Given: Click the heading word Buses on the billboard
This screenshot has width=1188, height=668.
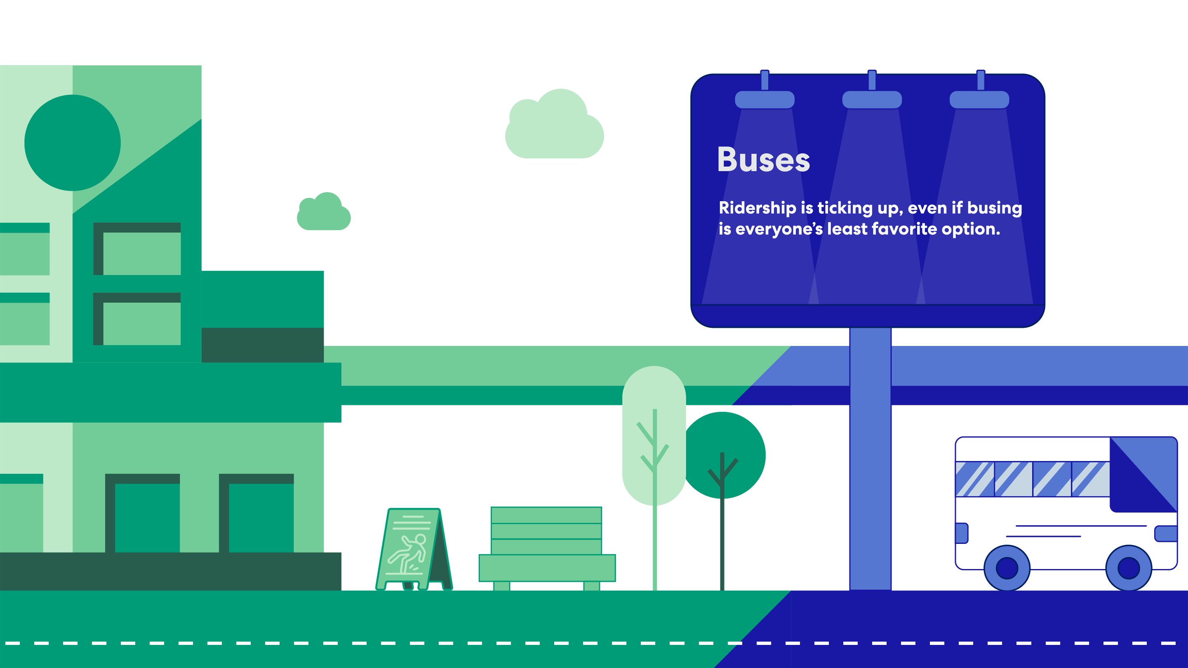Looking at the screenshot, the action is coord(763,160).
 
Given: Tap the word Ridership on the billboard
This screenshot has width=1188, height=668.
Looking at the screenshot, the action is coord(757,208).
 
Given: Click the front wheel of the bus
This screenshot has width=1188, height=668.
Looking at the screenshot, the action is coord(1129,568).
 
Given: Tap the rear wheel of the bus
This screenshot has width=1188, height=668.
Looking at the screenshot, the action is coord(1007,568).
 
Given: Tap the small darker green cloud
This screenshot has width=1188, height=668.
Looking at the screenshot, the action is coord(324,212).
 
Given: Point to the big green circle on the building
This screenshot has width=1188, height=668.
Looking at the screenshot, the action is coord(73,143).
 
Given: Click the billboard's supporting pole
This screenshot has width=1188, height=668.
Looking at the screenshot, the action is coord(870,459).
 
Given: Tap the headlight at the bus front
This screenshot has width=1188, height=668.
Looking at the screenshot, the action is coord(1166,534).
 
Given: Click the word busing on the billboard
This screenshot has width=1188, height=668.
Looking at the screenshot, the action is coord(994,208).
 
